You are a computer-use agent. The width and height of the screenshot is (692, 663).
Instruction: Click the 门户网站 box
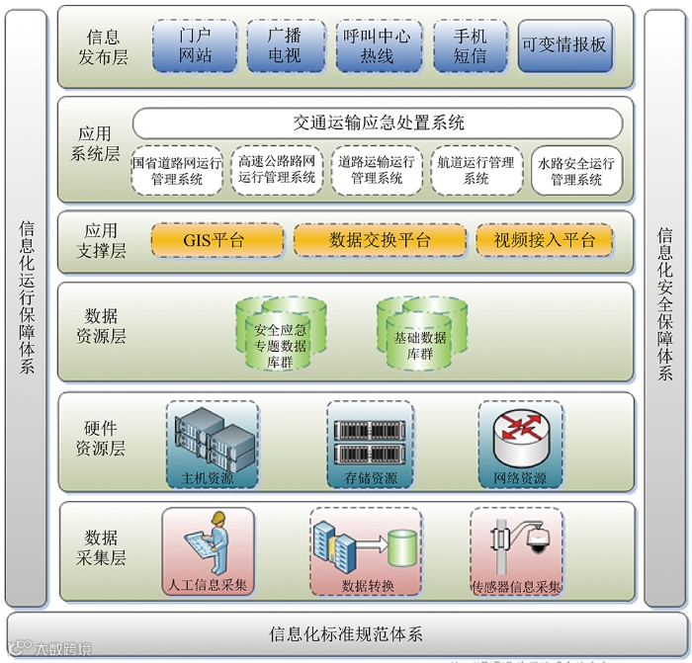pos(195,45)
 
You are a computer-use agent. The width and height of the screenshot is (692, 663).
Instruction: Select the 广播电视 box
pos(285,45)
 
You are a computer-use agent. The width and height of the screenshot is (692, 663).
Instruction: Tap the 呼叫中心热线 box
pos(378,45)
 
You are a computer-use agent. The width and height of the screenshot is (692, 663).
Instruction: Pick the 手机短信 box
pos(470,45)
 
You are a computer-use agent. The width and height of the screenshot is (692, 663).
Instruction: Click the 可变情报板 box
pos(565,45)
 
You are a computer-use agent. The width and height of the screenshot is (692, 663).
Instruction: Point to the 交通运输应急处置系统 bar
pos(378,124)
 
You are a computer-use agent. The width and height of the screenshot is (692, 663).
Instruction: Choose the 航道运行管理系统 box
pos(476,170)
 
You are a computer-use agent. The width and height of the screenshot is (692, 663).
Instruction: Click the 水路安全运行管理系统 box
pos(576,171)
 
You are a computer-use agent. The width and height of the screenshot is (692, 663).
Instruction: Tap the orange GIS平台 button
pos(214,240)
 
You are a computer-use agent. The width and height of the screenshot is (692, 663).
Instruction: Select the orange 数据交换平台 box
pos(380,240)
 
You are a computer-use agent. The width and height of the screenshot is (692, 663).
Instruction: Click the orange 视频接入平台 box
pos(544,240)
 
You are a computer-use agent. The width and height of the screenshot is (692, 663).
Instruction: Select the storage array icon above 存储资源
pos(371,441)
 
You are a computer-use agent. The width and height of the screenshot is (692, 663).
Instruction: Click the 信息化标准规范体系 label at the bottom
pos(346,633)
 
